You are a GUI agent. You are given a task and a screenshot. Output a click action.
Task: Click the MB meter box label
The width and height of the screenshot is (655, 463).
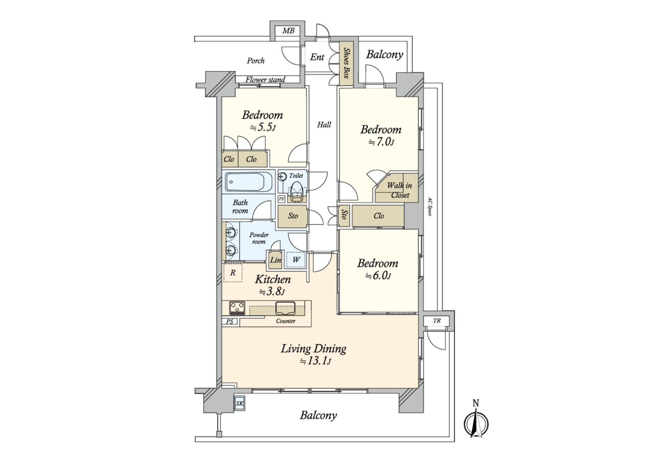(288, 31)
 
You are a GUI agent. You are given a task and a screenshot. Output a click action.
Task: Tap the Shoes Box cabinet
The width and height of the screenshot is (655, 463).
(346, 63)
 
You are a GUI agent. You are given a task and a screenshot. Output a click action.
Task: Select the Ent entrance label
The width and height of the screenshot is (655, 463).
(317, 57)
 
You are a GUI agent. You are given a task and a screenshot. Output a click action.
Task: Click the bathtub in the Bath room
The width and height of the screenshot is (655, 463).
(249, 182)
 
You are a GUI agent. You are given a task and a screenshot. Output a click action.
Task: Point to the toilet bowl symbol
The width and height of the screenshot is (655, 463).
(296, 189)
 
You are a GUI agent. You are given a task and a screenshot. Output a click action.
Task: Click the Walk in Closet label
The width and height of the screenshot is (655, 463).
(399, 190)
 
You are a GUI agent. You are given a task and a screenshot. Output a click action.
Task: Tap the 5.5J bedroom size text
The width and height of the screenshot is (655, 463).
(263, 128)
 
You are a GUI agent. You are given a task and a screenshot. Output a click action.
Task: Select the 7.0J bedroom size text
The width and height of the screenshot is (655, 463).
(381, 142)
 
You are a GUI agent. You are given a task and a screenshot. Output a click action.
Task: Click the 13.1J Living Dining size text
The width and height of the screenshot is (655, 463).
(315, 361)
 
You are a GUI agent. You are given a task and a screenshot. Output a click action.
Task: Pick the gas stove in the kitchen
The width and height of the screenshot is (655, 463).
(237, 308)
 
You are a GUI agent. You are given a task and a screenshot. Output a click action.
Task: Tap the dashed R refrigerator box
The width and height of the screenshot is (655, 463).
(233, 273)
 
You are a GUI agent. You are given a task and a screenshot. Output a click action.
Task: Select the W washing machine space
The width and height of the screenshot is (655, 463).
(296, 260)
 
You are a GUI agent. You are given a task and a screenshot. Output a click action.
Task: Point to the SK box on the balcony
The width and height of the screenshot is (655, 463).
(240, 404)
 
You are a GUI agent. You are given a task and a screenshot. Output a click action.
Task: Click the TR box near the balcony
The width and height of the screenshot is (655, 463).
(437, 321)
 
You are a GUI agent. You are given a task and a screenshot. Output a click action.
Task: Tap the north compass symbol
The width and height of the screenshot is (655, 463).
(476, 423)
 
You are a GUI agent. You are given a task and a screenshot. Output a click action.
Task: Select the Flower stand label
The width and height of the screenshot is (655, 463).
(265, 80)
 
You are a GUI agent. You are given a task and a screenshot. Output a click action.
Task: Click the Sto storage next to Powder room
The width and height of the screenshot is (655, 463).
(293, 216)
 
